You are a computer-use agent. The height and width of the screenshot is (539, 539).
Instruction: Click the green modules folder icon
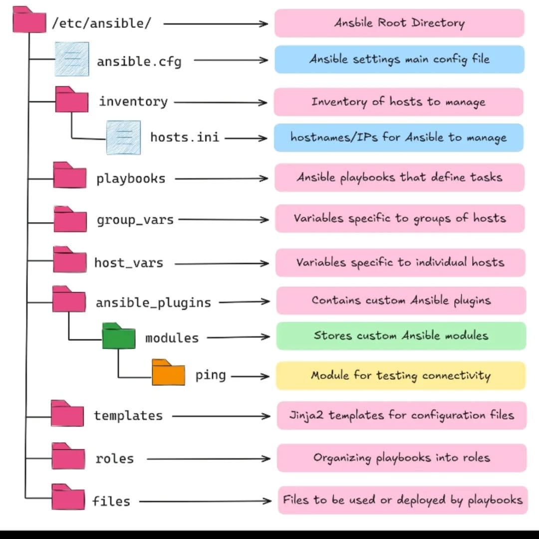click(118, 336)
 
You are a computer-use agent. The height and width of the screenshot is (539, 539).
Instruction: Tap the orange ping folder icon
click(168, 373)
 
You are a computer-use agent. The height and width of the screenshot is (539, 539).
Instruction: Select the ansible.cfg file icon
click(72, 59)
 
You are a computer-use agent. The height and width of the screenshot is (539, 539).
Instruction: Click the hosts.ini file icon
click(123, 137)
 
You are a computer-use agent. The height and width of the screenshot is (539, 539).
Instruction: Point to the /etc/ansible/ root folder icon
click(29, 20)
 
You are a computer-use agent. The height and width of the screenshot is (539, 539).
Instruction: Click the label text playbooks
click(131, 179)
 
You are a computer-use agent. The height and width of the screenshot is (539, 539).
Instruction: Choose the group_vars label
click(135, 220)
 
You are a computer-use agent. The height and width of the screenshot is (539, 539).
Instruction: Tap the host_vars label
click(129, 263)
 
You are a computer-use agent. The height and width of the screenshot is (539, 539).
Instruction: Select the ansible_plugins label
click(153, 302)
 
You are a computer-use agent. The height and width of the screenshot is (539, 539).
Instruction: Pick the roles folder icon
click(68, 456)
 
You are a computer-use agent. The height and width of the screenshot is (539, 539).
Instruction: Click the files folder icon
click(68, 498)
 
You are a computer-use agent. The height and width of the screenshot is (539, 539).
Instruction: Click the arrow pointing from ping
click(250, 376)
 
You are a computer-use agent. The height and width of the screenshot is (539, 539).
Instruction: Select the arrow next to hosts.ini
click(246, 138)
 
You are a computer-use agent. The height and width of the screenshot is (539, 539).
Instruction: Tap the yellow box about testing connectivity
click(400, 376)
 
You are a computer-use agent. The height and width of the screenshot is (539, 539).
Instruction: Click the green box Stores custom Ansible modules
click(401, 336)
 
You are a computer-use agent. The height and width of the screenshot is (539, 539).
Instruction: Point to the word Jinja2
click(306, 415)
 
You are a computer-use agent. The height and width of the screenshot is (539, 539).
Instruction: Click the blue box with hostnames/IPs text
click(398, 138)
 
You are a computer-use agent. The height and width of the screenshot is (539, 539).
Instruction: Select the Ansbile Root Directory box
click(399, 23)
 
